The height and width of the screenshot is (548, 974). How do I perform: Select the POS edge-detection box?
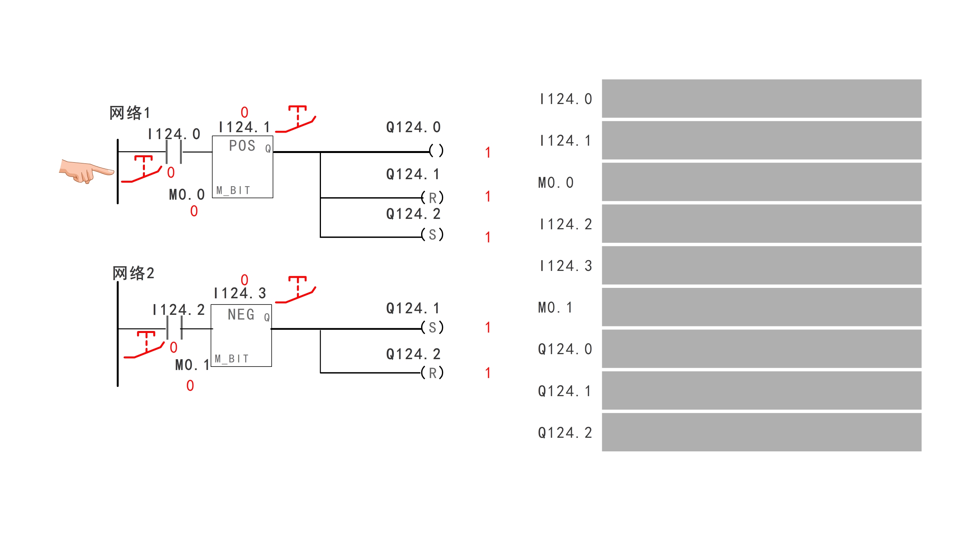coord(242,167)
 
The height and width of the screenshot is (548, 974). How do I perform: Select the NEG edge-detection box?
coord(241,335)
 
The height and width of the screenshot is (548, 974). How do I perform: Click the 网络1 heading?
coord(129,113)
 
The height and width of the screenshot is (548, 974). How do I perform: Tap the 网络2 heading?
coord(133,273)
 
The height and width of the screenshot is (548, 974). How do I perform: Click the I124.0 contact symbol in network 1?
coord(174,152)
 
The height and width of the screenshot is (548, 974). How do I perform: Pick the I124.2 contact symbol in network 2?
coord(174,328)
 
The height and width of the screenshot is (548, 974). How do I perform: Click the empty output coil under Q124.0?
coord(436,151)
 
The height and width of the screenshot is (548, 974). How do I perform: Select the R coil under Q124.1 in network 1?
coord(432,198)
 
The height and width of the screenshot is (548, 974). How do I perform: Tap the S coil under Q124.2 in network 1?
coord(432,235)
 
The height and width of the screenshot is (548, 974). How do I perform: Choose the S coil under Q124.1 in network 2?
coord(432,328)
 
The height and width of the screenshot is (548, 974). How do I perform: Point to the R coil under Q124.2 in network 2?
coord(432,373)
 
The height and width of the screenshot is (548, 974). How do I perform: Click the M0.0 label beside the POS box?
coord(187,195)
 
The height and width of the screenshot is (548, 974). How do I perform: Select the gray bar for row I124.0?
coord(761,99)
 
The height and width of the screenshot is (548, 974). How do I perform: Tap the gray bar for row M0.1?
coord(761,307)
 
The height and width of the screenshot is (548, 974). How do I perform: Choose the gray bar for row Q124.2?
coord(761,432)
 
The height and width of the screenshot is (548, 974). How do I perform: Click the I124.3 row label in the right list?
coord(566,266)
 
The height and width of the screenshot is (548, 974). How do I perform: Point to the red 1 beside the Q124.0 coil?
coord(488,153)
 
